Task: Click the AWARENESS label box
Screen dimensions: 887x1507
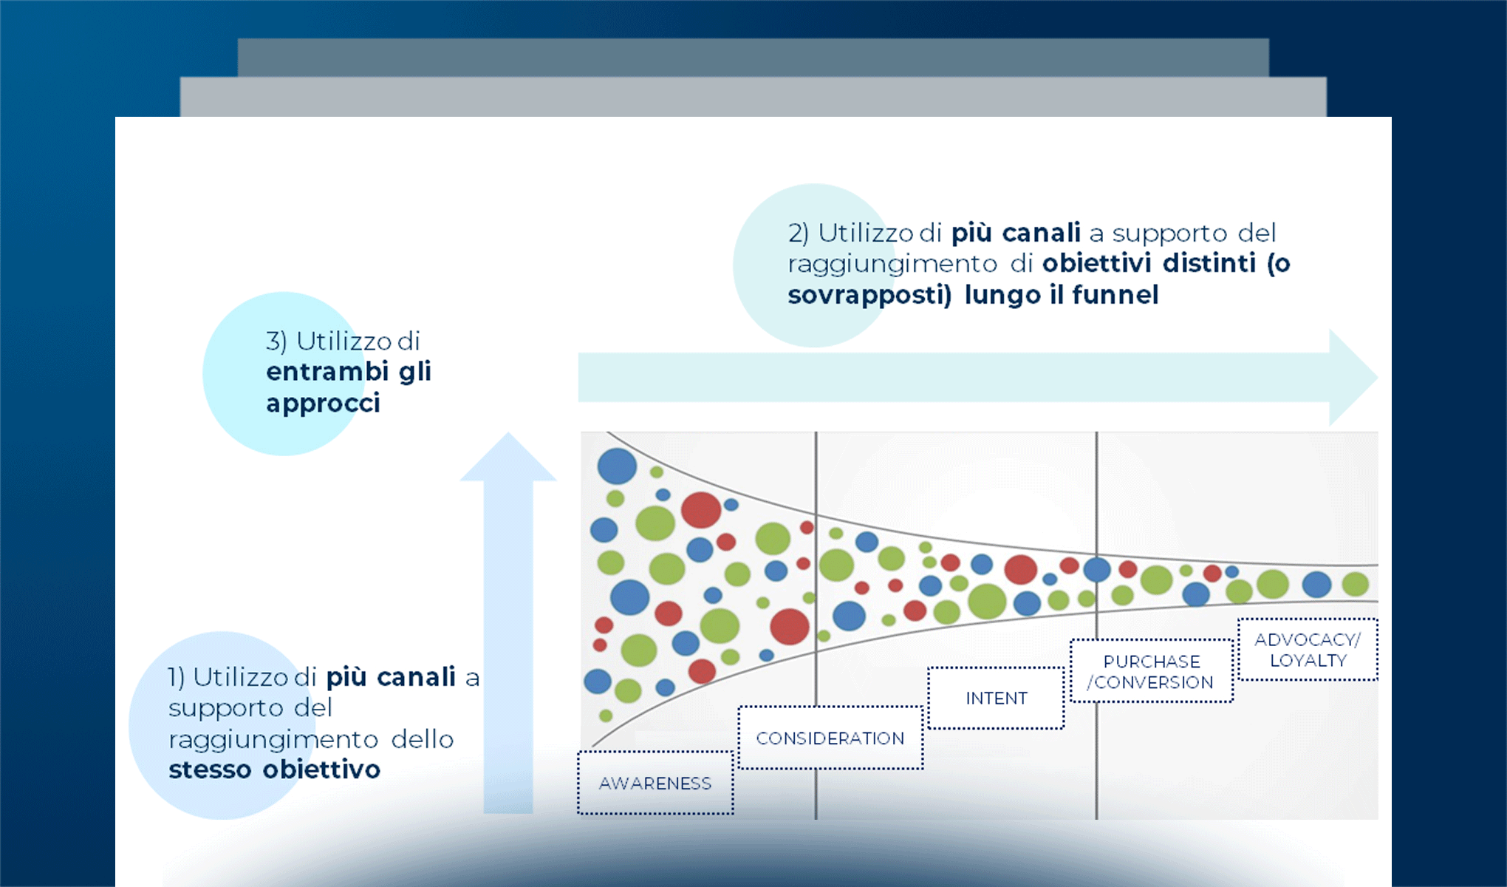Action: click(655, 783)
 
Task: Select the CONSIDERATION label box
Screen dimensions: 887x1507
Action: click(830, 738)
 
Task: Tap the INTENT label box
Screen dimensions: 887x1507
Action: click(996, 698)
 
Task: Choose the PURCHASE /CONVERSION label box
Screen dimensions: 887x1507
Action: click(1151, 671)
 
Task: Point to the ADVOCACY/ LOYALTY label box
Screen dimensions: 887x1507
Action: click(1308, 650)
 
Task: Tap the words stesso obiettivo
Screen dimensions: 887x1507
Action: click(274, 769)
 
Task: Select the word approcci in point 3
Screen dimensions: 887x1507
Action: click(323, 404)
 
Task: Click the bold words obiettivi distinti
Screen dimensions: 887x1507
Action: click(1149, 263)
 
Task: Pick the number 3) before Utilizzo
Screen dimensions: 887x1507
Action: click(276, 341)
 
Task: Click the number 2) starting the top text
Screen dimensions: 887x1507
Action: click(798, 234)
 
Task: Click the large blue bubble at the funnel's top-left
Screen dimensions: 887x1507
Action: click(617, 466)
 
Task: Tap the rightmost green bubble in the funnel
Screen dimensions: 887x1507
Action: click(1355, 584)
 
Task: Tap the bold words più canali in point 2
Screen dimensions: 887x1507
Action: click(1016, 234)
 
